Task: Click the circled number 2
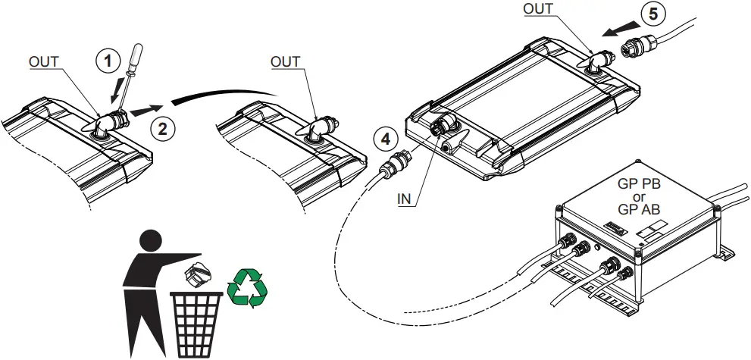click(x=160, y=127)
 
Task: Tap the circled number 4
click(x=385, y=139)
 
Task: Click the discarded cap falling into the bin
click(x=199, y=275)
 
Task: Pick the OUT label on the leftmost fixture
click(x=43, y=62)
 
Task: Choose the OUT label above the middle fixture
click(x=286, y=62)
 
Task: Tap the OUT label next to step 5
click(x=539, y=9)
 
